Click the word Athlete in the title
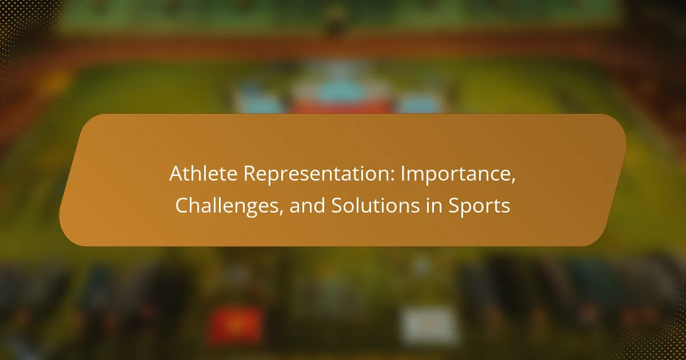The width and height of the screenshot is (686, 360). (204, 173)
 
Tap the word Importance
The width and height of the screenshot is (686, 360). (456, 174)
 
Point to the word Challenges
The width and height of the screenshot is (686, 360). (227, 206)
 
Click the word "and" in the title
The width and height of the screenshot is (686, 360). (307, 205)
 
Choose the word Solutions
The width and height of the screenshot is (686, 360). (376, 205)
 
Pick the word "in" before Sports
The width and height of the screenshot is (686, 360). (434, 205)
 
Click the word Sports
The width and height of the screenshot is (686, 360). (479, 206)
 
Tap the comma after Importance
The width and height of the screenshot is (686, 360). (513, 181)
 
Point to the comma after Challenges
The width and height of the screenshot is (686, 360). (281, 213)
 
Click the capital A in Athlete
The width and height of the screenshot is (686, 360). (177, 173)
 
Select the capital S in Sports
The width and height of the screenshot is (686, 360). (454, 205)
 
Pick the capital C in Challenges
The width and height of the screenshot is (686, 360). (182, 205)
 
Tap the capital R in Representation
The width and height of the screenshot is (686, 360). (250, 174)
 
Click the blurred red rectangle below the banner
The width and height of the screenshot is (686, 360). (236, 325)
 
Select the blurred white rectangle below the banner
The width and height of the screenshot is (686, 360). (428, 325)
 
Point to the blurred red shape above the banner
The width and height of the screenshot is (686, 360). (341, 106)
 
